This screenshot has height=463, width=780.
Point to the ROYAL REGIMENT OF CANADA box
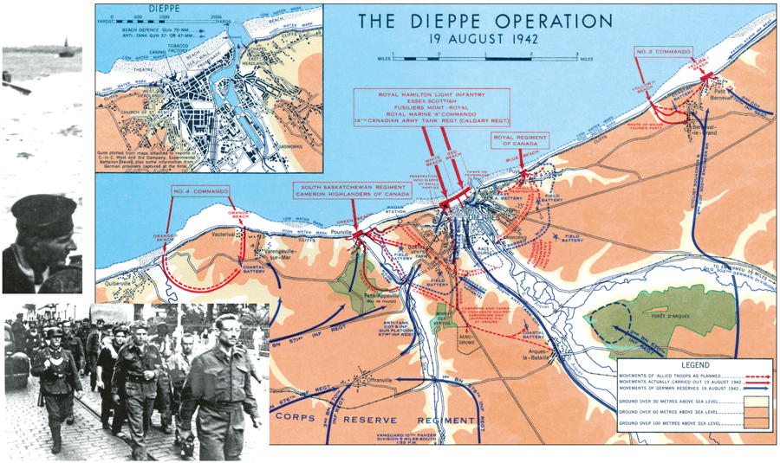[522, 140]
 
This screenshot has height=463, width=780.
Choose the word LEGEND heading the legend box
[694, 366]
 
